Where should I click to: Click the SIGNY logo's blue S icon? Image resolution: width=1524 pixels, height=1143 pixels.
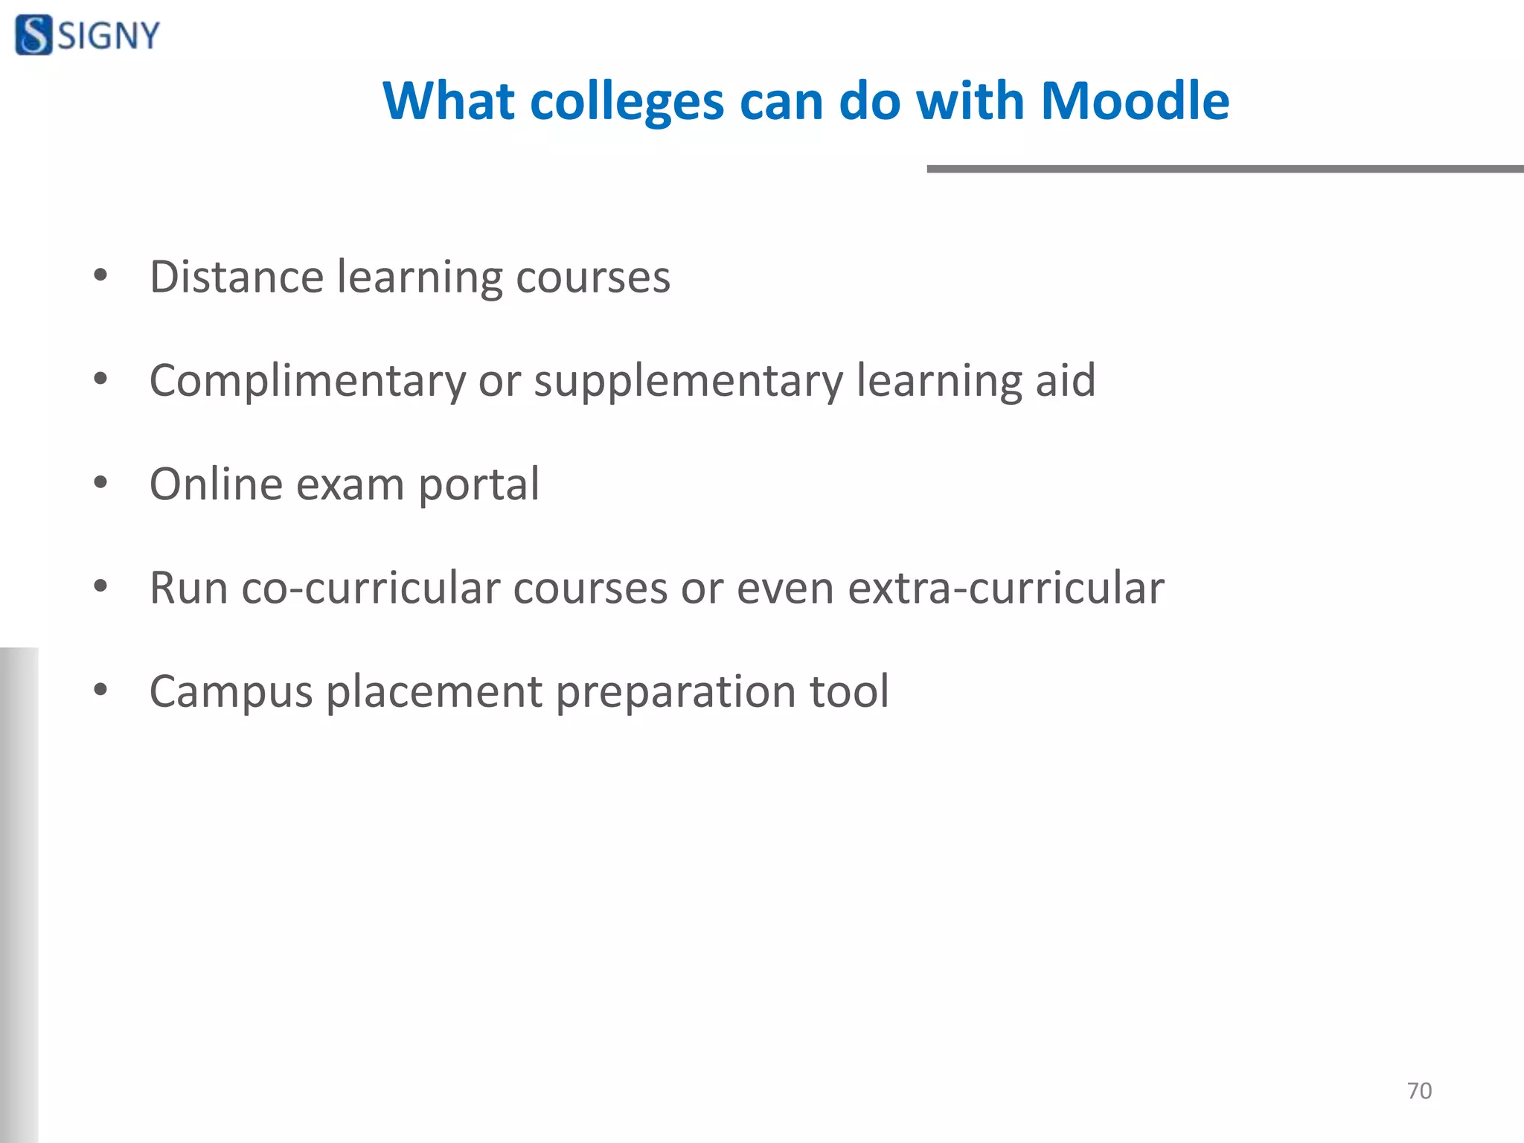click(x=33, y=35)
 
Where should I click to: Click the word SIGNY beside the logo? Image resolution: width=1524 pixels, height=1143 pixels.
click(x=109, y=36)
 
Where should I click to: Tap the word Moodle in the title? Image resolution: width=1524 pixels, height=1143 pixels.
click(x=1134, y=100)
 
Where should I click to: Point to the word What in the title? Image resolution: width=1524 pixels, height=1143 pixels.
click(x=448, y=100)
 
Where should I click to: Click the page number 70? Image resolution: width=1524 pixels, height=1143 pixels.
click(x=1419, y=1091)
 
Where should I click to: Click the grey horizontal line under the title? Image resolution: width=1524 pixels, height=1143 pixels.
click(x=1224, y=169)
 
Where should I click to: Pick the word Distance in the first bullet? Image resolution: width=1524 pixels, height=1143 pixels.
click(x=237, y=277)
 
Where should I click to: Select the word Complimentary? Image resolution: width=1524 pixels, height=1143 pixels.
click(x=307, y=382)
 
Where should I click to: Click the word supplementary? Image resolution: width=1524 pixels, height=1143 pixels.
click(x=688, y=382)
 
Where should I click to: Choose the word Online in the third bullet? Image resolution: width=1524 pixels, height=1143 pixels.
click(x=216, y=484)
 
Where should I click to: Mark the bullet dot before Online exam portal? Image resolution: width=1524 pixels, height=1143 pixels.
click(x=100, y=484)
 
